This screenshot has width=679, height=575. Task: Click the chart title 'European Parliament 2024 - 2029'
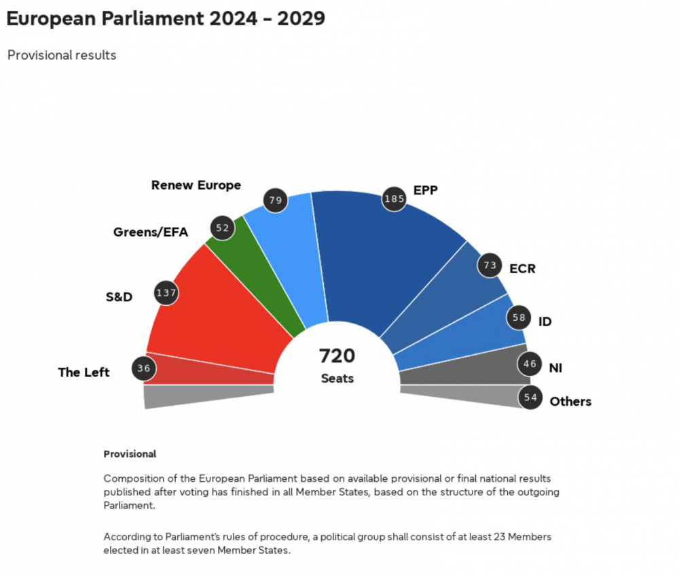tap(166, 18)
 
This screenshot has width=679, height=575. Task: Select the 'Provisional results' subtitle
tap(62, 55)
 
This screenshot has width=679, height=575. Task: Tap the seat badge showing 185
tap(394, 199)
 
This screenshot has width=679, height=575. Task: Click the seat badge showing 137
tap(166, 293)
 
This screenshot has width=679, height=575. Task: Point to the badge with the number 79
tap(276, 201)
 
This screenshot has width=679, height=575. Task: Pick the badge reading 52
tap(223, 228)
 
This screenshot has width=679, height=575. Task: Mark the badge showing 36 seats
tap(144, 368)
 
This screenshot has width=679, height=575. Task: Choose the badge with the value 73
tap(490, 265)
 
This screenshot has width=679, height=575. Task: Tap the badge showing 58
tap(519, 317)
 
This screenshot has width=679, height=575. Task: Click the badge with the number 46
tap(530, 364)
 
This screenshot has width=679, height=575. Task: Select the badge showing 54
tap(530, 398)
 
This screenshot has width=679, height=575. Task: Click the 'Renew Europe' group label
tap(196, 185)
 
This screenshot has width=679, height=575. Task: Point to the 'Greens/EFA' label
tap(151, 232)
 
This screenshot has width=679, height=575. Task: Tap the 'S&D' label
tap(119, 297)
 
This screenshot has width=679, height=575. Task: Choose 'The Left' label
tap(84, 372)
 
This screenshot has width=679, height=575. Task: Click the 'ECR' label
tap(522, 268)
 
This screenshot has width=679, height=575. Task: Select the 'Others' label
tap(570, 402)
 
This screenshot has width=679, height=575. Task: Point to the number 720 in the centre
tap(337, 355)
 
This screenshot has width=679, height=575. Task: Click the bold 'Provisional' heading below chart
tap(130, 454)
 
